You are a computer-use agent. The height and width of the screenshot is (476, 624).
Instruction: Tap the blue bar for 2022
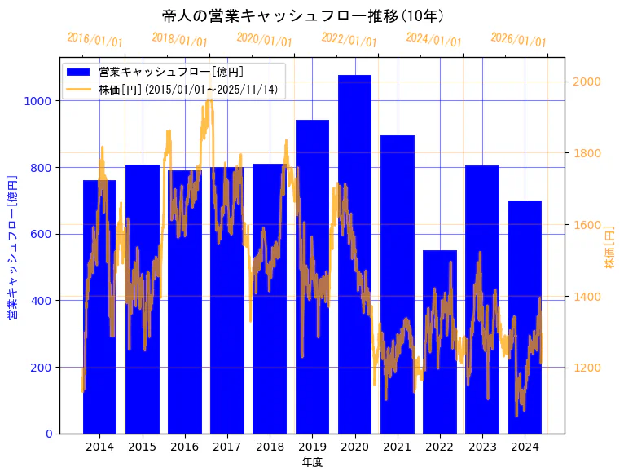(440, 342)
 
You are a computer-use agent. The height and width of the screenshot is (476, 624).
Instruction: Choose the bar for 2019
(312, 276)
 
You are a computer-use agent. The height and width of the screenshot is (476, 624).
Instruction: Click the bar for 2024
(525, 317)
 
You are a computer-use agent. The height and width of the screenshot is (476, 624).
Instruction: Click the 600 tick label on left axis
(42, 234)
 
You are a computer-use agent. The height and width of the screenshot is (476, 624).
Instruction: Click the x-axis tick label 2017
(227, 447)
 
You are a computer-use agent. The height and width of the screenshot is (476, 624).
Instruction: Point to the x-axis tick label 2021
(398, 447)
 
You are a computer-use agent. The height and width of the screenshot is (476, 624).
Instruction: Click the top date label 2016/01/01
(94, 40)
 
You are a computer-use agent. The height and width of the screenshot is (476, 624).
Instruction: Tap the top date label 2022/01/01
(349, 40)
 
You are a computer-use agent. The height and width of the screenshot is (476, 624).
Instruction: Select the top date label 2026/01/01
(518, 40)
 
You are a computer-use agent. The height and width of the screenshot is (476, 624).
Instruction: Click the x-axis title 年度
(312, 462)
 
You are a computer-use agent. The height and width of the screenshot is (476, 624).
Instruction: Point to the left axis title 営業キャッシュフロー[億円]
(12, 245)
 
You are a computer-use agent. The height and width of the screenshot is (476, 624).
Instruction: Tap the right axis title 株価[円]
(609, 248)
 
